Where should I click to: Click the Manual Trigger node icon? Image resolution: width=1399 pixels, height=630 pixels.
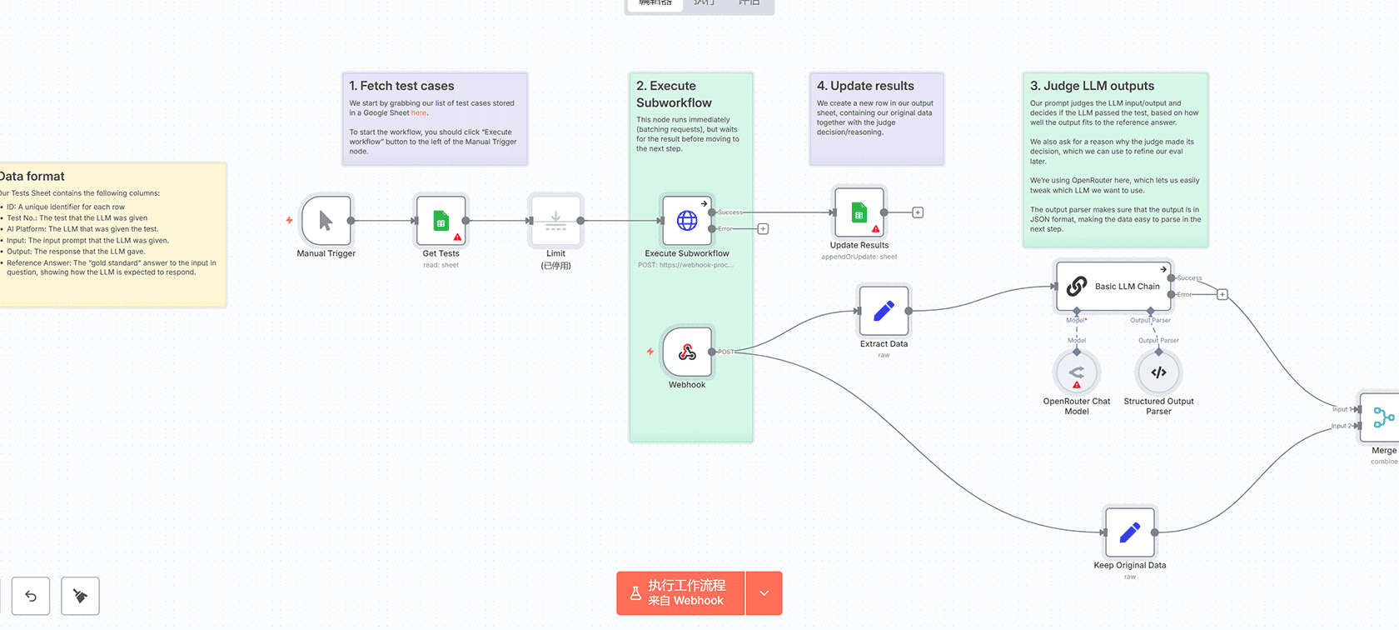326,221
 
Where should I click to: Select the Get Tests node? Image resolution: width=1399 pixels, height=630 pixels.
441,221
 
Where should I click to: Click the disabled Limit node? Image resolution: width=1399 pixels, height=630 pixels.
555,221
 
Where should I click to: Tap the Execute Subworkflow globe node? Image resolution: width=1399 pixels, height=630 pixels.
687,221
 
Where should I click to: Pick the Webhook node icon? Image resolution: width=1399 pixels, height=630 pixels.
687,352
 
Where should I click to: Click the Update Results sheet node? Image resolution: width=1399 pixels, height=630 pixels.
859,212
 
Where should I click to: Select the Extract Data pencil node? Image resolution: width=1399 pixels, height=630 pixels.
884,311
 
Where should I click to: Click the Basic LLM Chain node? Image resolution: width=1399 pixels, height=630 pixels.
1113,286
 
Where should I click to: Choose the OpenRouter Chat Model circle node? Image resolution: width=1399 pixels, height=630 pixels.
1077,372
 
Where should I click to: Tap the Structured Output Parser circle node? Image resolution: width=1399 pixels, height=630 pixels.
1158,372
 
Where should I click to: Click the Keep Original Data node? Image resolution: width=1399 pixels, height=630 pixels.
1129,532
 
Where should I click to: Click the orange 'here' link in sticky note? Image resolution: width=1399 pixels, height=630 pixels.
418,112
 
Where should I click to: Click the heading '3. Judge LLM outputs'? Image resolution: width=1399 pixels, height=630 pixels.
1092,86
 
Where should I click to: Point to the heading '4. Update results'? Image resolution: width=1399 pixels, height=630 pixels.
865,86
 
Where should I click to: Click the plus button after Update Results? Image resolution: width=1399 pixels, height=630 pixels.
918,212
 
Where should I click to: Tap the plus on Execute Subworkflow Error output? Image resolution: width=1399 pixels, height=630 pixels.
763,229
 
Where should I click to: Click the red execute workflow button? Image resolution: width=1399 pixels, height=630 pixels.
680,593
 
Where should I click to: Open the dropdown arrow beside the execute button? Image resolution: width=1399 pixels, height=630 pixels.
764,593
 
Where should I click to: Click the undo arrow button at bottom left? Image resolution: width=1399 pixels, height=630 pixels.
31,596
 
